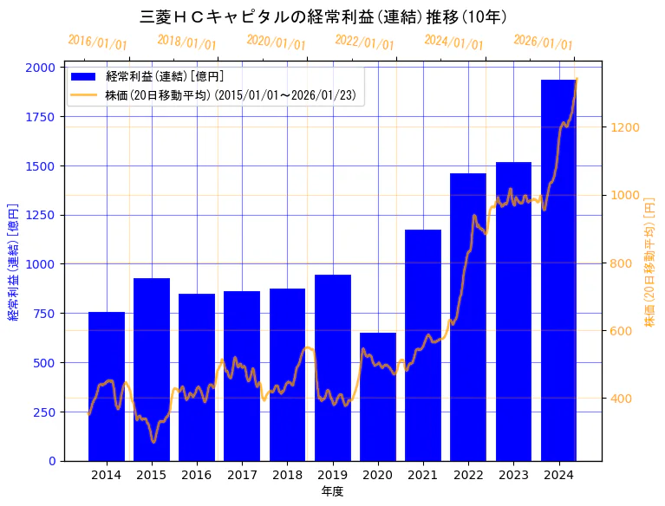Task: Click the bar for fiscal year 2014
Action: pyautogui.click(x=107, y=386)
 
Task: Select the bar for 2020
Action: pyautogui.click(x=378, y=397)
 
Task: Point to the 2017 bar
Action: pyautogui.click(x=242, y=376)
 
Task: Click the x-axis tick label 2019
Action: pyautogui.click(x=333, y=475)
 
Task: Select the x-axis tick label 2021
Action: pyautogui.click(x=423, y=475)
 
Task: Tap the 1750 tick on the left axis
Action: pyautogui.click(x=41, y=117)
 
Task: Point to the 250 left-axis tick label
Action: pyautogui.click(x=44, y=412)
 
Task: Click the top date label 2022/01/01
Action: pyautogui.click(x=364, y=42)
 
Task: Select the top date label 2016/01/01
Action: pyautogui.click(x=97, y=42)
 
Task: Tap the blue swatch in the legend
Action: pyautogui.click(x=85, y=77)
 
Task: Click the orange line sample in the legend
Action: pyautogui.click(x=85, y=95)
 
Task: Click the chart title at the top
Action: pyautogui.click(x=323, y=16)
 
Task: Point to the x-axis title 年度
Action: pyautogui.click(x=332, y=491)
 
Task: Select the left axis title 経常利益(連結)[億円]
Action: pyautogui.click(x=13, y=263)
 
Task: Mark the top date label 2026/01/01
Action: pyautogui.click(x=543, y=42)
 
